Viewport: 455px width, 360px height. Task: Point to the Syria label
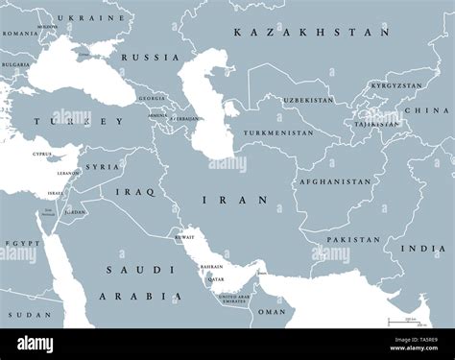pos(104,167)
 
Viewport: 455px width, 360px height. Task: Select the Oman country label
pos(276,310)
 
